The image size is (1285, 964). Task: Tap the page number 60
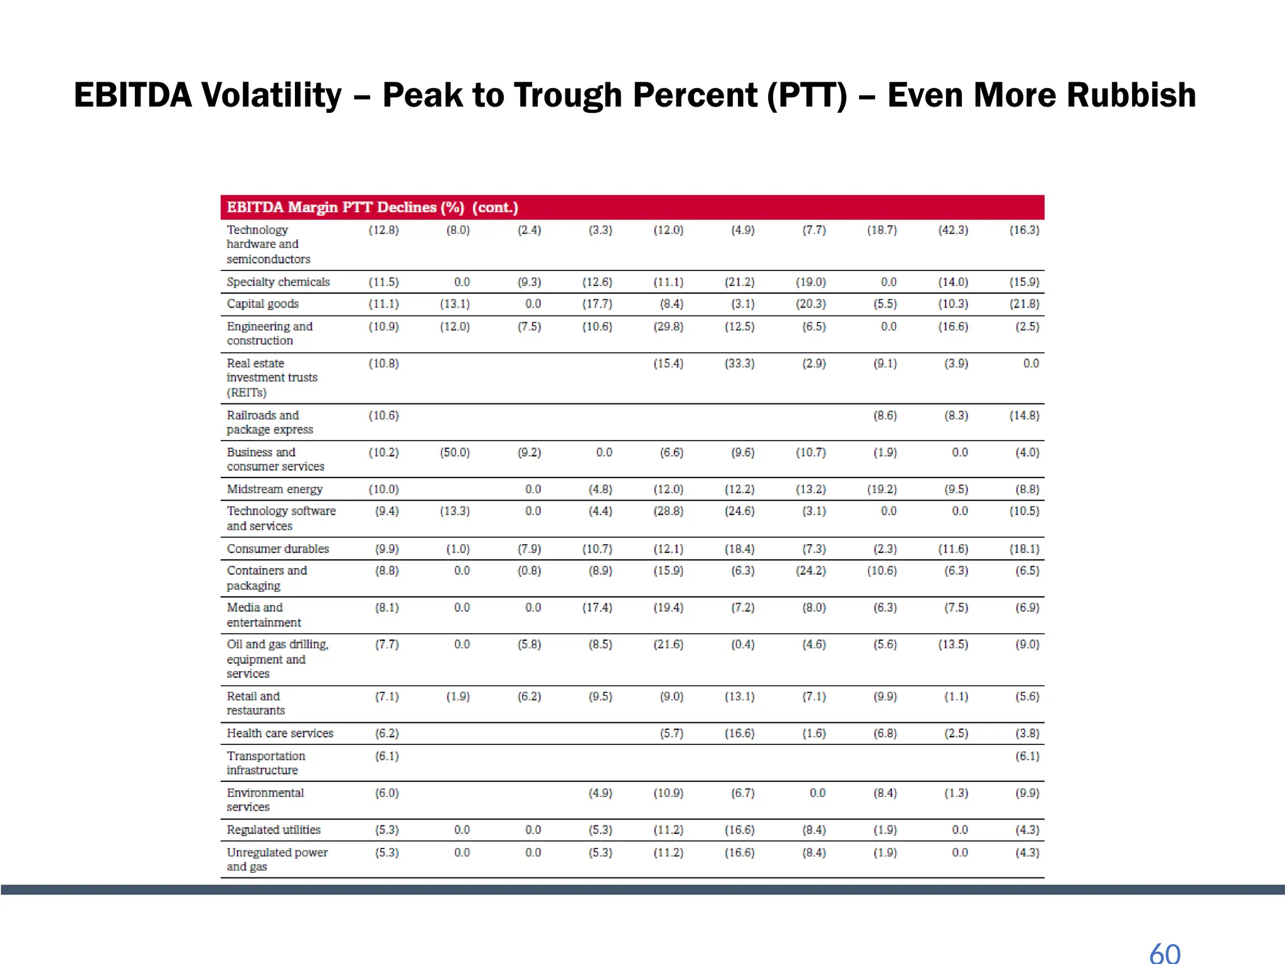(1165, 953)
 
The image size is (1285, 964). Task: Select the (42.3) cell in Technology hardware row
(953, 230)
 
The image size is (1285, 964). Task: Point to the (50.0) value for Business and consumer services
(455, 453)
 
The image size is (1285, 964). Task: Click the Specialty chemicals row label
(278, 282)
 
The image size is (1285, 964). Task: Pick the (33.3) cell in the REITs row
(740, 363)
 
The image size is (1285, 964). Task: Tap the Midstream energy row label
(274, 489)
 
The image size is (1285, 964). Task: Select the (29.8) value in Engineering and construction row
(668, 326)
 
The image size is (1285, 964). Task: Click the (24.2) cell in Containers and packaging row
(811, 570)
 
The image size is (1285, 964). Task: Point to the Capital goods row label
(262, 304)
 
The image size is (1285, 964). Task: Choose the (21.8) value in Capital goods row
(1024, 304)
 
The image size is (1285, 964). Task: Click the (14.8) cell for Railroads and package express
(1024, 415)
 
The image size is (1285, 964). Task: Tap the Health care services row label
(280, 733)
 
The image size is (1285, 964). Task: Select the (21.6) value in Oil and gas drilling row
(668, 645)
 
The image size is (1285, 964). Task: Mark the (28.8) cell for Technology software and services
(668, 511)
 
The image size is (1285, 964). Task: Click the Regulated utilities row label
(274, 830)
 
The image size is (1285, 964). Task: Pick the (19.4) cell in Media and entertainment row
(668, 608)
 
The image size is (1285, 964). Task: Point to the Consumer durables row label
(277, 549)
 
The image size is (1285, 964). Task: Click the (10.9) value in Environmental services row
(668, 793)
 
